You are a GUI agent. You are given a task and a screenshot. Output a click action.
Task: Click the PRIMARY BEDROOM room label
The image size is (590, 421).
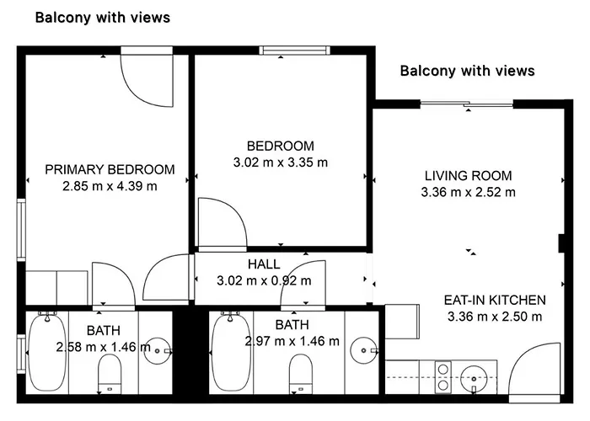pyautogui.click(x=110, y=168)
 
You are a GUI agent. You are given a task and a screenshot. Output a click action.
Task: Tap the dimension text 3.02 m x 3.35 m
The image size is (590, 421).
pyautogui.click(x=281, y=161)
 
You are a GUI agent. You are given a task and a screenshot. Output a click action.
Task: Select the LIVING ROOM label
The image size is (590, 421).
pyautogui.click(x=468, y=176)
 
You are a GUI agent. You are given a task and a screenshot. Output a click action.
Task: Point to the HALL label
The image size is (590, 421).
pyautogui.click(x=264, y=264)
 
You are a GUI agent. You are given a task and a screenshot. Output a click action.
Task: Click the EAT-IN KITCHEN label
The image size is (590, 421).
pyautogui.click(x=495, y=300)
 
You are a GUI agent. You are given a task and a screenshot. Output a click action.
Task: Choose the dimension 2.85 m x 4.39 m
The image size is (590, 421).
pyautogui.click(x=110, y=185)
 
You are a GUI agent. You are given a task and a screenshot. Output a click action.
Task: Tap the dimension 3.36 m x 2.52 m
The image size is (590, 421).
pyautogui.click(x=468, y=192)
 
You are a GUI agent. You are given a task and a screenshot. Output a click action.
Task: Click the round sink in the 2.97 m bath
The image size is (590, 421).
pyautogui.click(x=365, y=347)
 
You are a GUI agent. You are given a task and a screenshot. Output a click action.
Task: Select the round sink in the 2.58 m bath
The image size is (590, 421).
pyautogui.click(x=157, y=347)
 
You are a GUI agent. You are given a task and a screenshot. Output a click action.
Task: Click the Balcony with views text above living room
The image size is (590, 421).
pyautogui.click(x=467, y=71)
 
